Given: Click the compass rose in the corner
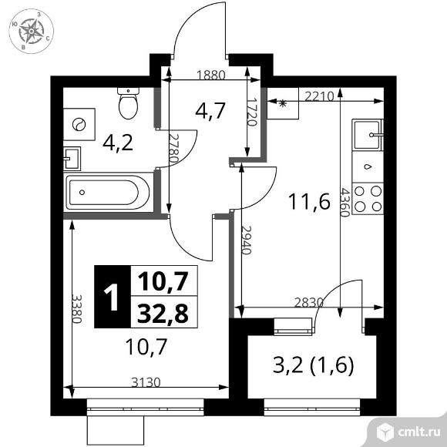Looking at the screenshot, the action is pos(31,31).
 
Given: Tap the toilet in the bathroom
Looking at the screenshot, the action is pos(128,103).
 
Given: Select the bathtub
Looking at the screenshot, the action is pos(108,193).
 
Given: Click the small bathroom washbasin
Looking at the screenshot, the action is pos(71,159).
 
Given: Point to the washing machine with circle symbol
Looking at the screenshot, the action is pos(79,124).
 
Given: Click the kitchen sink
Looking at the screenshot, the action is pos(368,135).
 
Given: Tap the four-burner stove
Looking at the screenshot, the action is pos(368,199).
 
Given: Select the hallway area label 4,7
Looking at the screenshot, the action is pos(210,111).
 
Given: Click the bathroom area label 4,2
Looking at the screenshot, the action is pos(118,143).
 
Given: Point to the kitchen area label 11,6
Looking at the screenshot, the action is pos(309,202).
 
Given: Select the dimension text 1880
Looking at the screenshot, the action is pos(211,75).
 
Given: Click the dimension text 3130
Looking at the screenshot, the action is pos(146,382).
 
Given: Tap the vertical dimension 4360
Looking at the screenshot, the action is pos(345,202).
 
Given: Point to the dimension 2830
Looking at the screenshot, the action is pos(309,302).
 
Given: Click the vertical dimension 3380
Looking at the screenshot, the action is pos(77,308).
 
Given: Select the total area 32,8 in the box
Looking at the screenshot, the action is pos(163,313).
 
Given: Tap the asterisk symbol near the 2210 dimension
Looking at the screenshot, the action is pos(283,103).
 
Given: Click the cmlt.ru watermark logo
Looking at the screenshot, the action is pos(408,432).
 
